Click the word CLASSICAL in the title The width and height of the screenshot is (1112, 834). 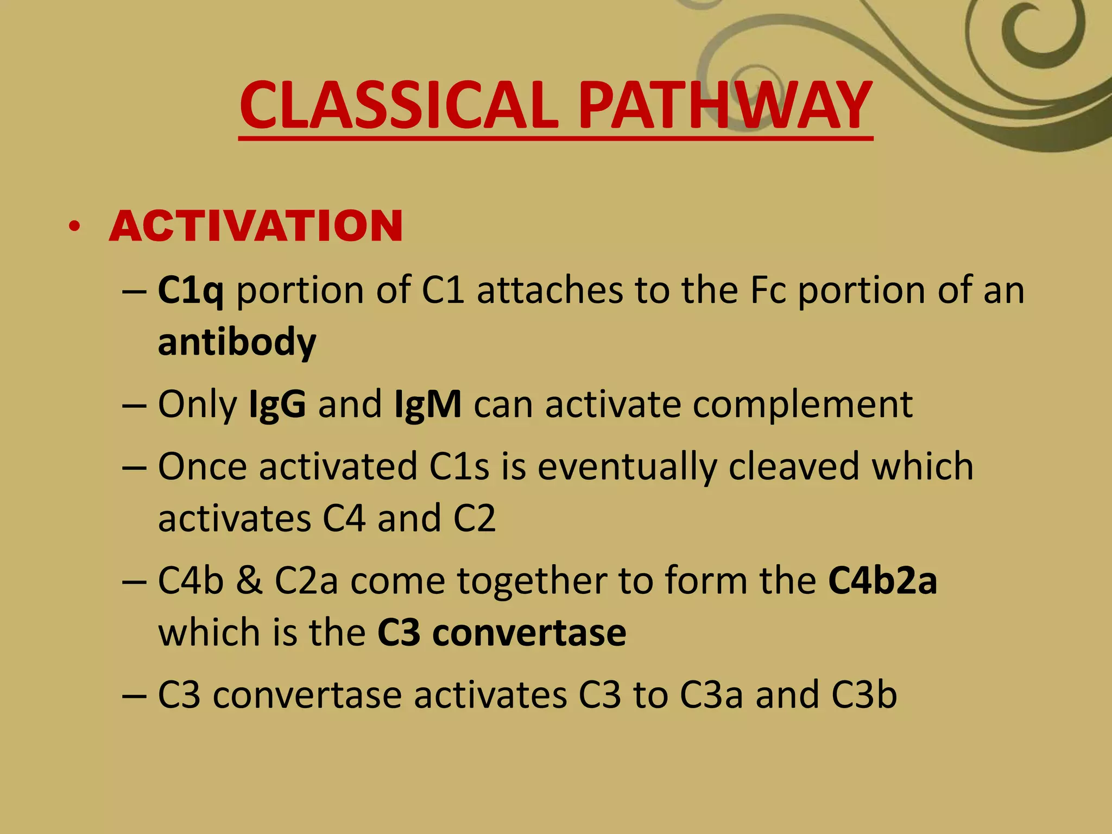399,106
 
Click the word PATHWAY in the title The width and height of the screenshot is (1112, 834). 725,106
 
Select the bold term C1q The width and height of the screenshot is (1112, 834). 191,291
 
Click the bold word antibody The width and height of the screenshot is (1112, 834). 237,342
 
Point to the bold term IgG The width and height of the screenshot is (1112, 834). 277,405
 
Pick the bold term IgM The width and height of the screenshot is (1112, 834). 428,405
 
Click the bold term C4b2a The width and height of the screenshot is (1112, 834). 882,581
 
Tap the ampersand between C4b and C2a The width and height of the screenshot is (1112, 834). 249,581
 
